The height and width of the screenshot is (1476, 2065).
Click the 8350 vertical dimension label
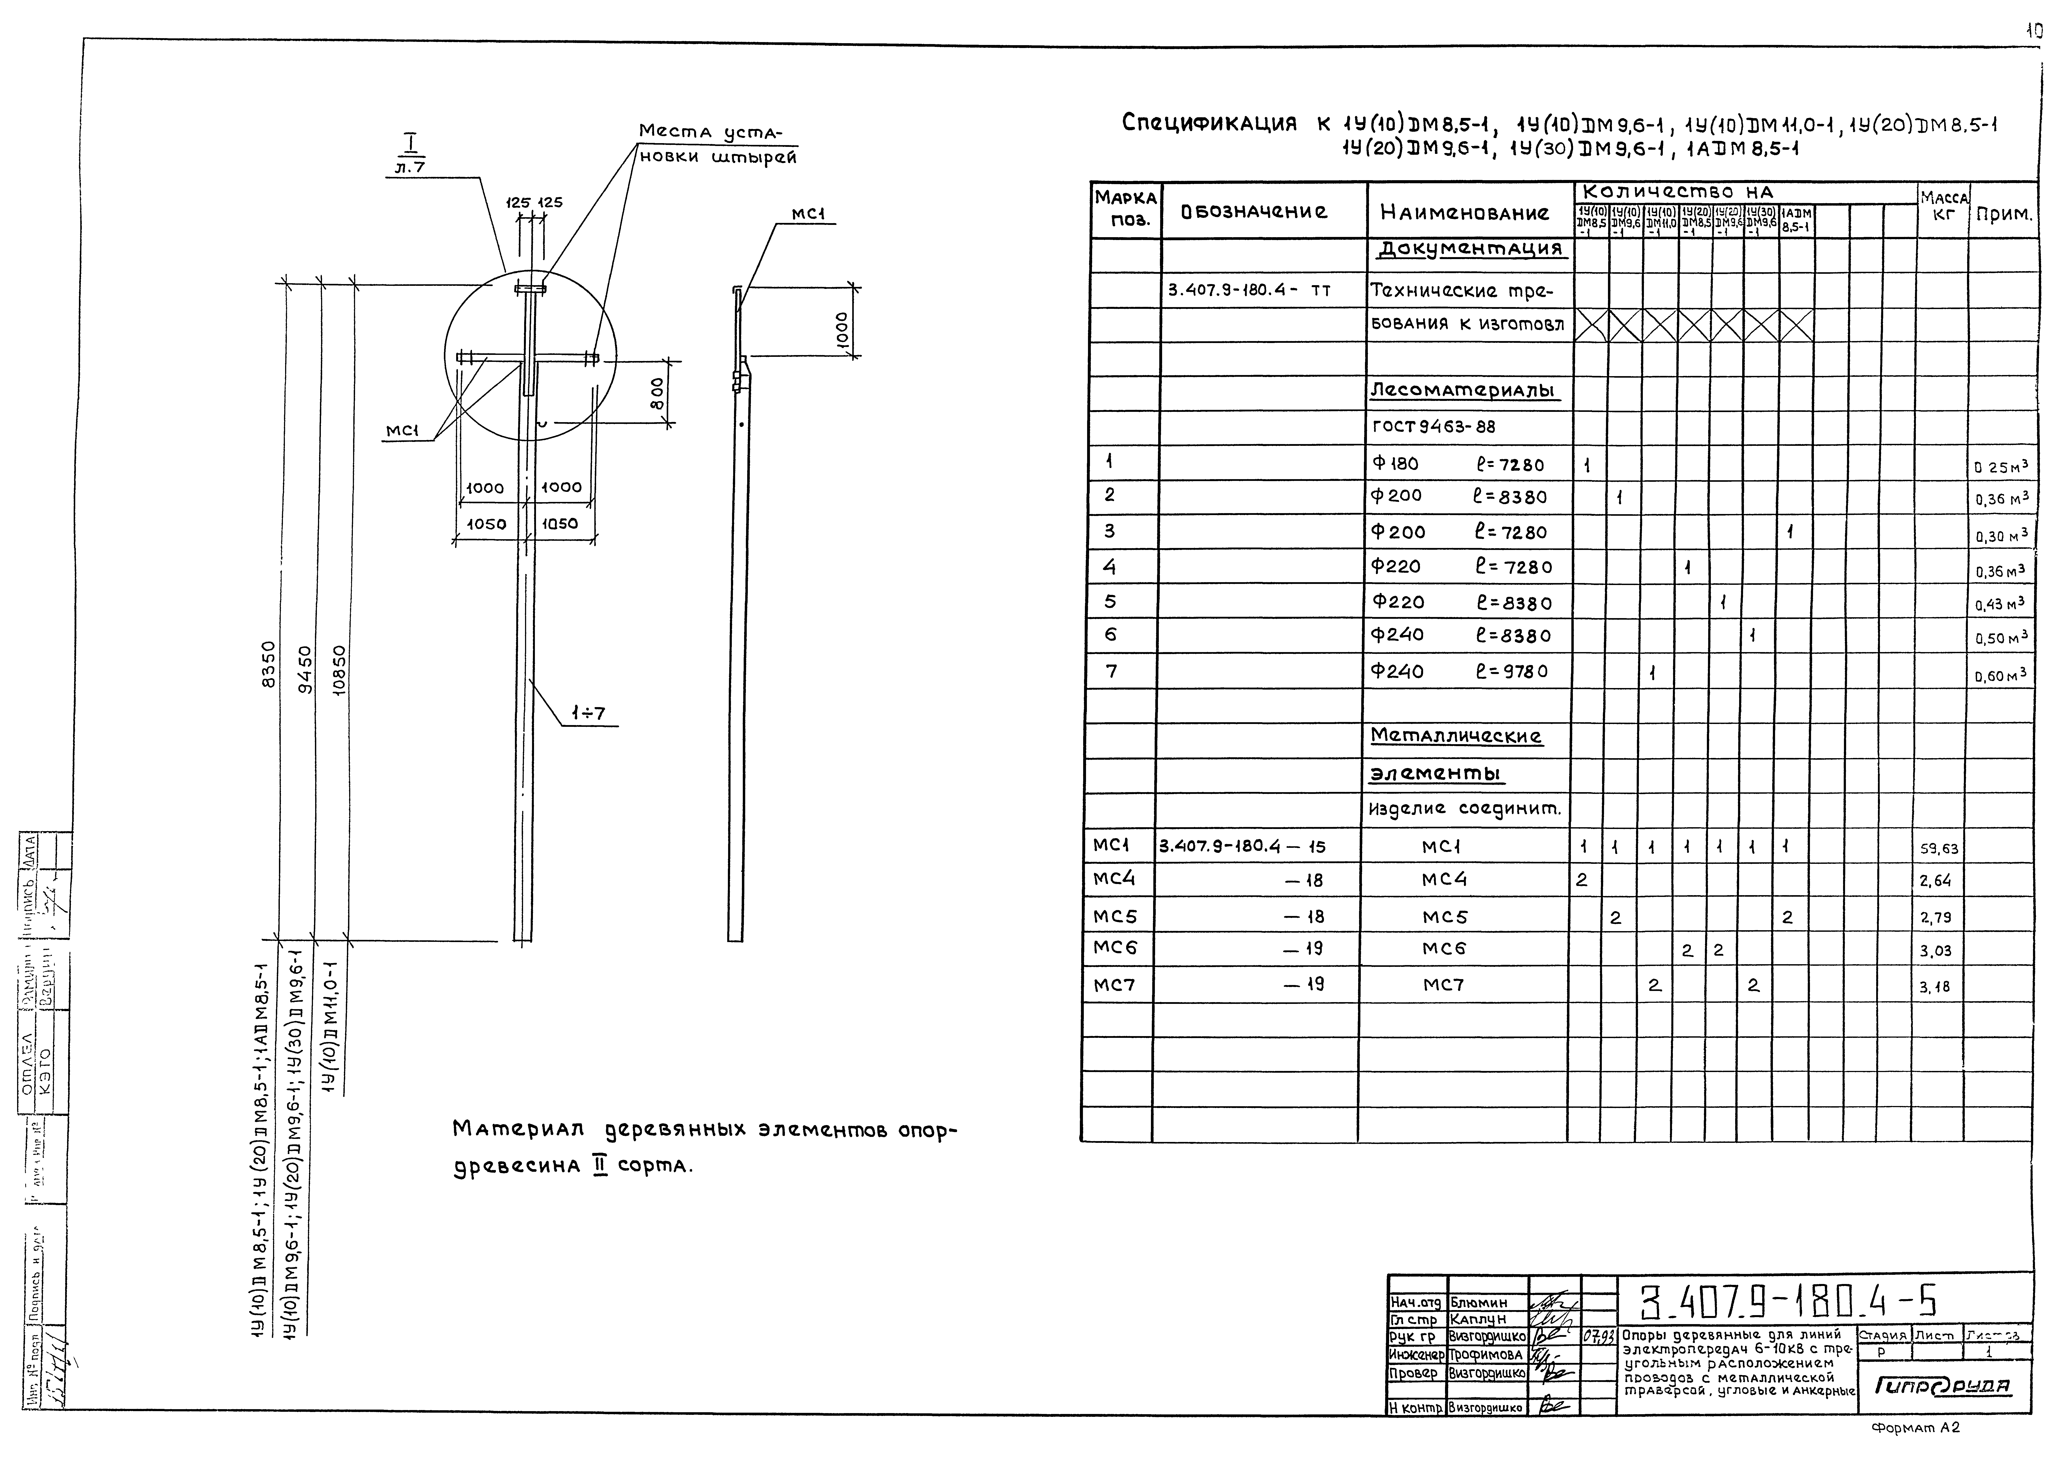coord(268,666)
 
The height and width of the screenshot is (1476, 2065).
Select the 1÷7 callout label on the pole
coord(588,713)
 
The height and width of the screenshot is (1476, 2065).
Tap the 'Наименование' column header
coord(1464,213)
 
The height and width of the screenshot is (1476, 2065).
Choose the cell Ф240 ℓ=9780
coord(1459,672)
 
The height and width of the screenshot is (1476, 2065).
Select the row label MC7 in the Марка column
coord(1114,984)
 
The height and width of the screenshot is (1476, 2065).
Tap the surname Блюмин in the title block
coord(1479,1302)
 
